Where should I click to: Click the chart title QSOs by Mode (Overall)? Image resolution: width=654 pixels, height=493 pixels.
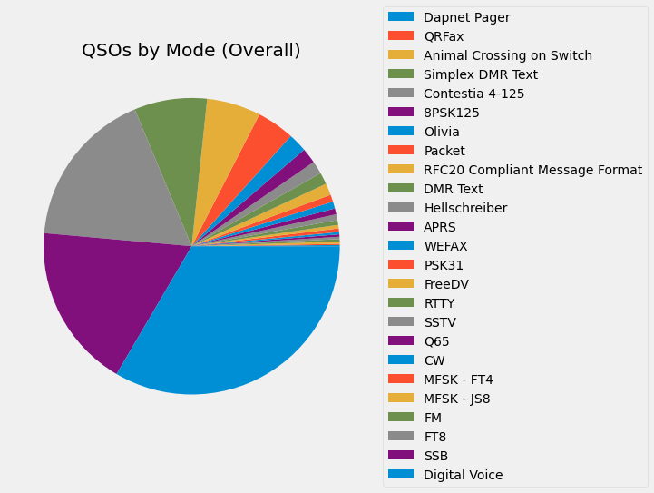click(x=190, y=51)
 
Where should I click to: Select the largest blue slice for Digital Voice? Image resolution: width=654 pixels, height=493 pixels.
click(x=245, y=318)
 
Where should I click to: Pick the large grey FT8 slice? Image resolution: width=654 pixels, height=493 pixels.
click(x=109, y=182)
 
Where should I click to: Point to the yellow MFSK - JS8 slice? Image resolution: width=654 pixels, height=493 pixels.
click(x=227, y=136)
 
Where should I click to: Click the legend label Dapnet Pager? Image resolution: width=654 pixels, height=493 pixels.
click(x=466, y=17)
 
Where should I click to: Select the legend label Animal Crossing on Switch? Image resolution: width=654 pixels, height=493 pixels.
click(x=508, y=55)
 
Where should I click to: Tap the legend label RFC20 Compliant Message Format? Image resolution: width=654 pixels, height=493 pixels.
click(x=532, y=170)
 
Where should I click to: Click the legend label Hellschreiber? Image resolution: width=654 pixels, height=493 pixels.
click(x=465, y=208)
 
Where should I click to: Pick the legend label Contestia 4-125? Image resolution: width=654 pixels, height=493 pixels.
click(x=473, y=94)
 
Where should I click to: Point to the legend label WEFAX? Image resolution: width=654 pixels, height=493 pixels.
click(x=445, y=246)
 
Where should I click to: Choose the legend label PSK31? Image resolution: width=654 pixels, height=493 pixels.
click(x=444, y=265)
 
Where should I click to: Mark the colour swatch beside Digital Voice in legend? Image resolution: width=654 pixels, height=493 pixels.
click(x=400, y=474)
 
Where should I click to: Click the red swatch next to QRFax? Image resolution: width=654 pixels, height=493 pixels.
click(x=400, y=36)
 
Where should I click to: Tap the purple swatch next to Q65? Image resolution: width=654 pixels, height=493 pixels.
click(x=400, y=341)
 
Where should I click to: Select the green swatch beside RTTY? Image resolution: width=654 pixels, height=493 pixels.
click(x=400, y=303)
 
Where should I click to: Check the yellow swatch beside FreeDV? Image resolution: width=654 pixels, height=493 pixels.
click(x=400, y=284)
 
